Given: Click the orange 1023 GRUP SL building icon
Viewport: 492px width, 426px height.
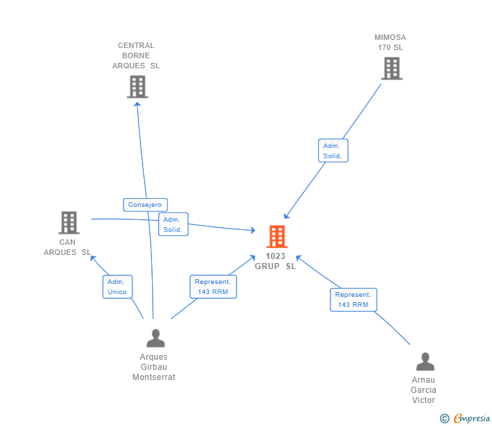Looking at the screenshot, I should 276,237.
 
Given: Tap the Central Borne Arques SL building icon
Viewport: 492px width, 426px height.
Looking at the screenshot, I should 137,87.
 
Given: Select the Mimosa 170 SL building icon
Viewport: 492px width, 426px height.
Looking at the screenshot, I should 391,68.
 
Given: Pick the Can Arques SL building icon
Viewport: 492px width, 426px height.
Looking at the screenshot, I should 68,222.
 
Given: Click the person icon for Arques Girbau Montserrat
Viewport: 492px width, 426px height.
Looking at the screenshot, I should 155,338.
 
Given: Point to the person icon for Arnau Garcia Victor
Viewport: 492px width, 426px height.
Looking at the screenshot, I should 424,362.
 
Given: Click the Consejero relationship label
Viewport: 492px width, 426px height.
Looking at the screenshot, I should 145,204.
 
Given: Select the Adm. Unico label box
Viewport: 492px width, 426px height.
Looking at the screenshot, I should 117,287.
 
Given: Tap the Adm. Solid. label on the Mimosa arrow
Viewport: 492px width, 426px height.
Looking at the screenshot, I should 333,151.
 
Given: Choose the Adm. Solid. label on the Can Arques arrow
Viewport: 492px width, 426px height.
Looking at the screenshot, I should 173,224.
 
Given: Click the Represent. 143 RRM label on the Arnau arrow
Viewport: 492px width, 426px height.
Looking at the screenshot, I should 353,300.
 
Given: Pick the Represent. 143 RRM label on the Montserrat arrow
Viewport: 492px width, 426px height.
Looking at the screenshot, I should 212,287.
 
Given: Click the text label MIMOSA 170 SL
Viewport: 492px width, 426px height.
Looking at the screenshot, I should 391,43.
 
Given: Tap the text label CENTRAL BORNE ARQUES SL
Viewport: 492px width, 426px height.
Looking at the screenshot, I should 136,55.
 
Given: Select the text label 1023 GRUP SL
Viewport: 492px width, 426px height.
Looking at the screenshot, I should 275,261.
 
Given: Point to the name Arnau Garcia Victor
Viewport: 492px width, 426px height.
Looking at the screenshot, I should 424,390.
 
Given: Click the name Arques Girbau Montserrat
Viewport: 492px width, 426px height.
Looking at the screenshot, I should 153,367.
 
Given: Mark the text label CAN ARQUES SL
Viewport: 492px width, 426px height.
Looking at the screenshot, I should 67,247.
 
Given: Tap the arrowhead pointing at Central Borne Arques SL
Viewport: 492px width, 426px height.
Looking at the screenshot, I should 137,103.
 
